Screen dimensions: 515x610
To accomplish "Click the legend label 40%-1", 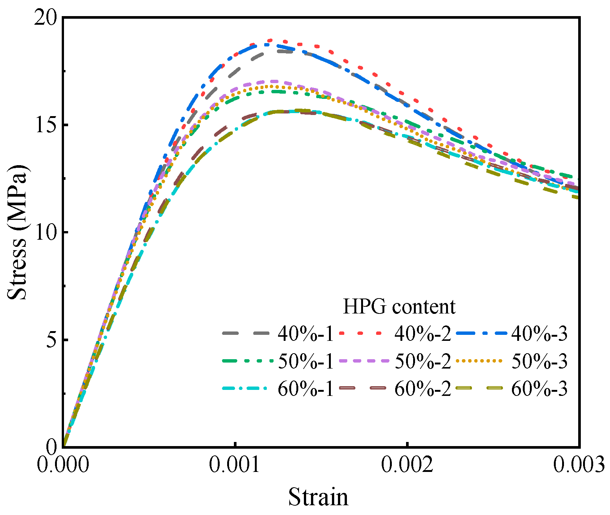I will coord(305,333).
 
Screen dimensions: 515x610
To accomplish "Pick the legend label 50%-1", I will coord(305,361).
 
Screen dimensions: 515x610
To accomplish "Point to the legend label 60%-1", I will coord(305,390).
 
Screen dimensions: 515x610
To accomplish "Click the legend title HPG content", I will coord(399,306).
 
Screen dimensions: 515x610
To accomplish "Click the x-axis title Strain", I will coord(318,497).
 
